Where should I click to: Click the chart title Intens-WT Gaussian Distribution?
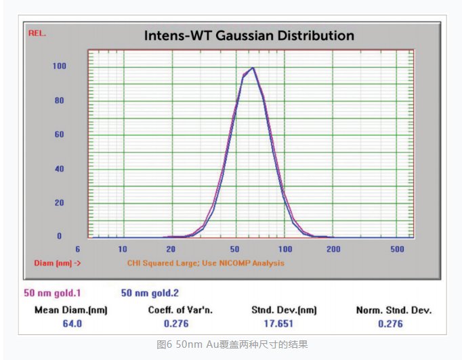pyautogui.click(x=249, y=35)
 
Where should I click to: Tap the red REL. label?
pyautogui.click(x=37, y=33)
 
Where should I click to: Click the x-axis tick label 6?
pyautogui.click(x=78, y=249)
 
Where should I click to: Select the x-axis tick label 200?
pyautogui.click(x=333, y=249)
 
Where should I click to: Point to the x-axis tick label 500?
pyautogui.click(x=397, y=249)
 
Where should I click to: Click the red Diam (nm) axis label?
pyautogui.click(x=58, y=263)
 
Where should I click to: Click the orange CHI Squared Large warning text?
pyautogui.click(x=206, y=263)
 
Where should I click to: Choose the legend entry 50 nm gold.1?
pyautogui.click(x=52, y=294)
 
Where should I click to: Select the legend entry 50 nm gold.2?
pyautogui.click(x=150, y=294)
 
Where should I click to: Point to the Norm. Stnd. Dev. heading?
pyautogui.click(x=394, y=311)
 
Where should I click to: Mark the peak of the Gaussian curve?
pyautogui.click(x=252, y=68)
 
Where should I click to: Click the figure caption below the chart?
pyautogui.click(x=232, y=345)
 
